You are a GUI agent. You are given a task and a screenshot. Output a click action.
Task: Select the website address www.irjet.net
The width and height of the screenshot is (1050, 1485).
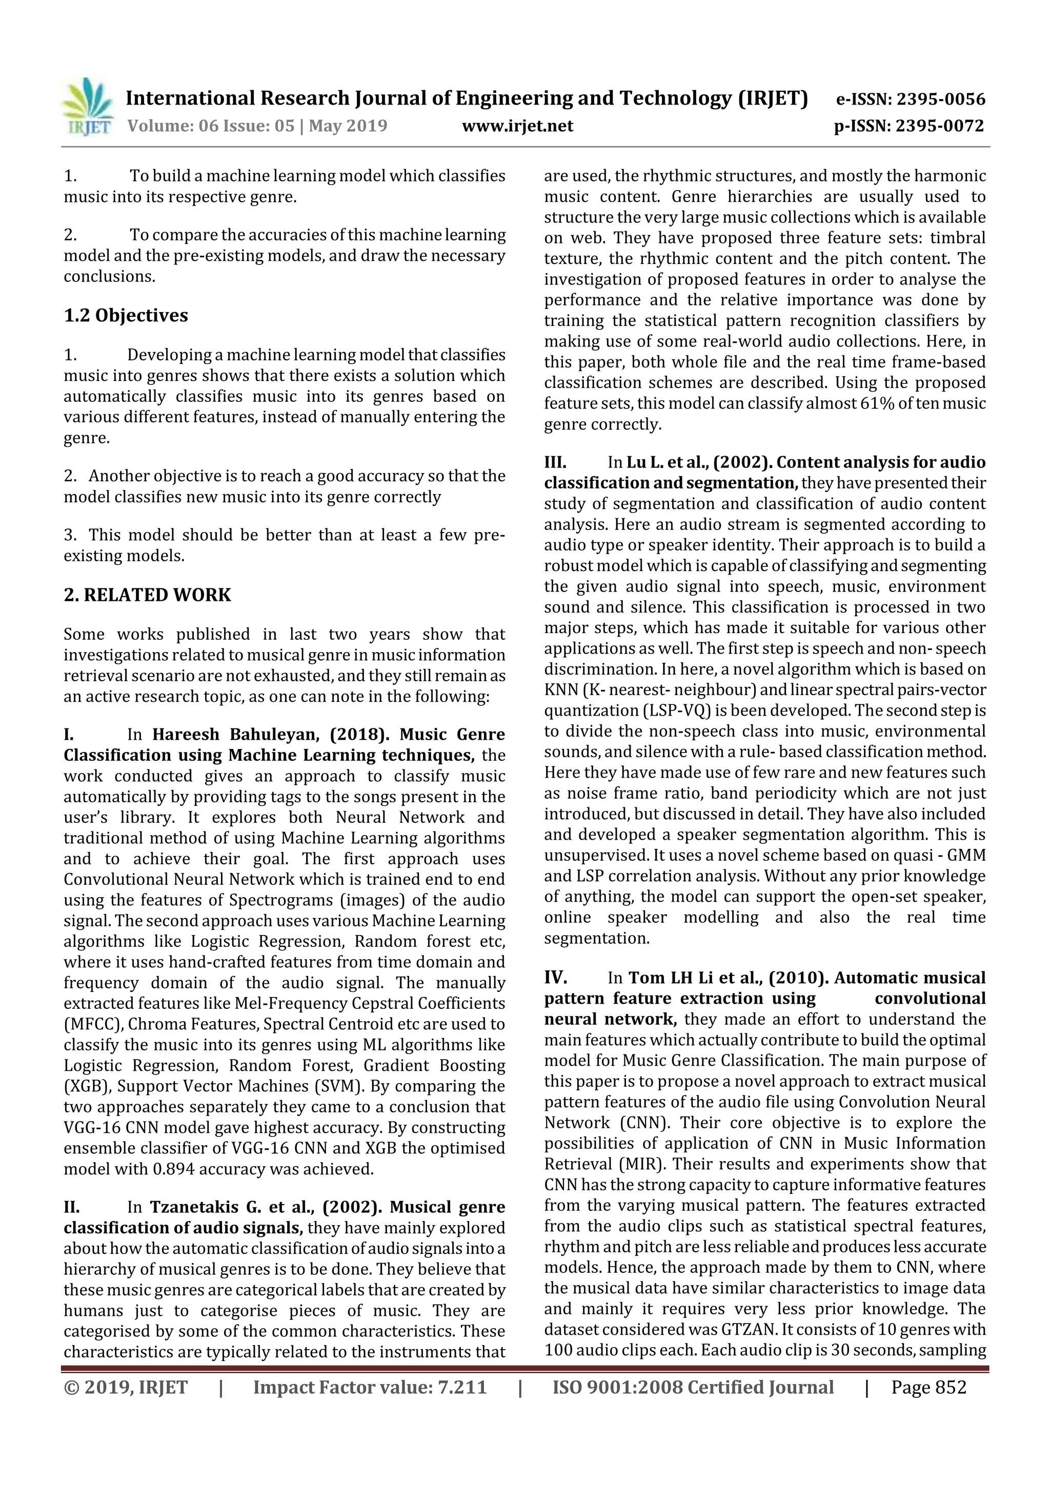(517, 126)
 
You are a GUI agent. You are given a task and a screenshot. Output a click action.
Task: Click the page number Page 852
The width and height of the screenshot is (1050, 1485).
(928, 1387)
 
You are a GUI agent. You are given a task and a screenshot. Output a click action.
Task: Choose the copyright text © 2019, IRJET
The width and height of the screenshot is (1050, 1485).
(126, 1387)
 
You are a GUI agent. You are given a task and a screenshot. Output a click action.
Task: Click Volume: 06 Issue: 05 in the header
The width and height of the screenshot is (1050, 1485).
(210, 126)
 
